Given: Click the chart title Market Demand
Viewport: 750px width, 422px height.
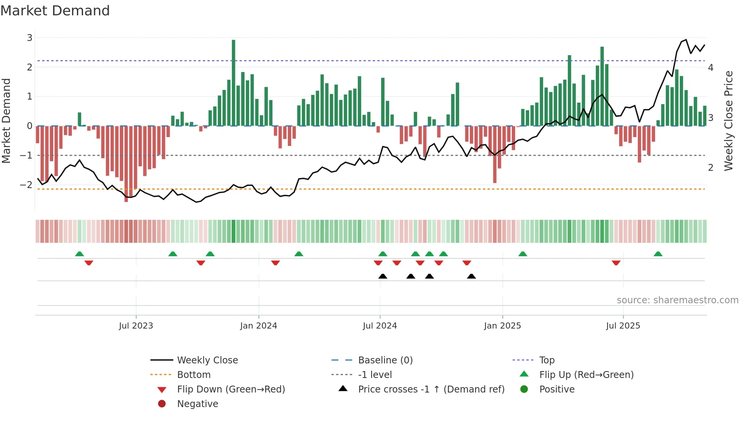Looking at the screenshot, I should point(55,11).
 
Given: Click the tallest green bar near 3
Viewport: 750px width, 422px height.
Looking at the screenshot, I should point(233,82).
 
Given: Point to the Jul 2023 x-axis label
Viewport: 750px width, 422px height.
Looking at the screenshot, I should point(136,326).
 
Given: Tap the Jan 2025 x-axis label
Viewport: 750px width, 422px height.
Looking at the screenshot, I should point(502,326).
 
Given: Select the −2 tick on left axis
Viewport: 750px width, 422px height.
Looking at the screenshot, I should point(26,185).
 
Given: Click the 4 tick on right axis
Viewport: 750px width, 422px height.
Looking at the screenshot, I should point(711,68).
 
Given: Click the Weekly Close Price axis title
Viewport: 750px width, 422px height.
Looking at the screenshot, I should point(729,121).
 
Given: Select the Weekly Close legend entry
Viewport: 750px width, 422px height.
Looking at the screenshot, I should point(207,360).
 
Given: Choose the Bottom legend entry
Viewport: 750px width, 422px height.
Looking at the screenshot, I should point(194,375).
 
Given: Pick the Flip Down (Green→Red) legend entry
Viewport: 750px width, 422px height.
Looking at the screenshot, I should point(231,389).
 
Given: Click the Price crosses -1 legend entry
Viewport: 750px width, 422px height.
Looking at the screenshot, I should point(431,389).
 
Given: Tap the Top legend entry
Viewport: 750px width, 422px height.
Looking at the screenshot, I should point(547,360).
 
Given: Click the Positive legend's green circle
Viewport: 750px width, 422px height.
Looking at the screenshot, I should point(524,389).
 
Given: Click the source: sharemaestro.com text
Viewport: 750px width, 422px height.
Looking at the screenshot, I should point(677,300).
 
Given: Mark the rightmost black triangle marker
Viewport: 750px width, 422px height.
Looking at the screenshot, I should point(471,276).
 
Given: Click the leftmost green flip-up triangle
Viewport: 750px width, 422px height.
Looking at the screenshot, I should point(80,254).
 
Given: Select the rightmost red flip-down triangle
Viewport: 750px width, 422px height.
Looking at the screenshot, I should point(616,263).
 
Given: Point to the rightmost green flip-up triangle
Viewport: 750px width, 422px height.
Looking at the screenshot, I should point(658,254).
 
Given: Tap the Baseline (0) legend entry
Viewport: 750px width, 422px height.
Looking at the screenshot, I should point(385,360).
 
